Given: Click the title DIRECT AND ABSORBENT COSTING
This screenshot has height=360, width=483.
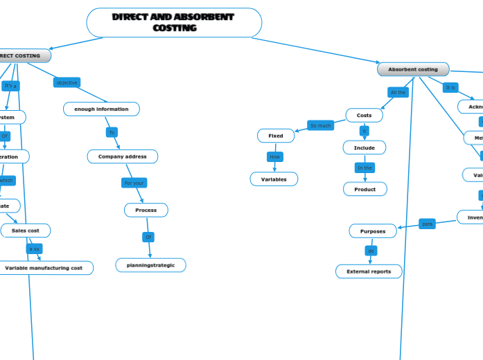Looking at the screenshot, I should (174, 23).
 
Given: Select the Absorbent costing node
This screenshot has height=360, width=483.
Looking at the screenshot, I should (413, 69).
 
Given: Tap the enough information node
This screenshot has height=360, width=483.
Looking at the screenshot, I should (101, 109).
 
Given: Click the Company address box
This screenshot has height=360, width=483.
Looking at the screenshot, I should (122, 156).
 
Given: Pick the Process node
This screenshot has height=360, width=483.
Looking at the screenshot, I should (146, 210).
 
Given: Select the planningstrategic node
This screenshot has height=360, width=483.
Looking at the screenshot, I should (150, 264).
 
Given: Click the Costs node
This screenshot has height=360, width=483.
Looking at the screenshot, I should (364, 115).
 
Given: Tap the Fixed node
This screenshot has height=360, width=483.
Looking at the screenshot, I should (276, 136).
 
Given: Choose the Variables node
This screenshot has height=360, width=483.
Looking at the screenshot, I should (274, 179).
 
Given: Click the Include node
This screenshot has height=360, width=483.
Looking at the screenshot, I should (364, 147).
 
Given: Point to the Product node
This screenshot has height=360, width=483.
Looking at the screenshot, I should (365, 189).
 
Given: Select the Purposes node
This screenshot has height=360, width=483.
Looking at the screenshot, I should (373, 231).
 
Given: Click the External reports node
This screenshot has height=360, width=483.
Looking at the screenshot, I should (369, 271).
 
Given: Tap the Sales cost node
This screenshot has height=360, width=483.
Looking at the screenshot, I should (26, 230).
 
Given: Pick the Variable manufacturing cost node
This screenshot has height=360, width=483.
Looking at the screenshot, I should (44, 267).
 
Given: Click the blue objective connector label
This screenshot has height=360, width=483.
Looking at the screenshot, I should (67, 82).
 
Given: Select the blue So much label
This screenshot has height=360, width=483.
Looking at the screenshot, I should (320, 125).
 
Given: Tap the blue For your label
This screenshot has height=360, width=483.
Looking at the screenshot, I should (134, 183).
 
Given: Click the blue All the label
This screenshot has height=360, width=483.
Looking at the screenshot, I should (398, 92).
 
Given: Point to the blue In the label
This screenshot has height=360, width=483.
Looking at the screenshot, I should (365, 168).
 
